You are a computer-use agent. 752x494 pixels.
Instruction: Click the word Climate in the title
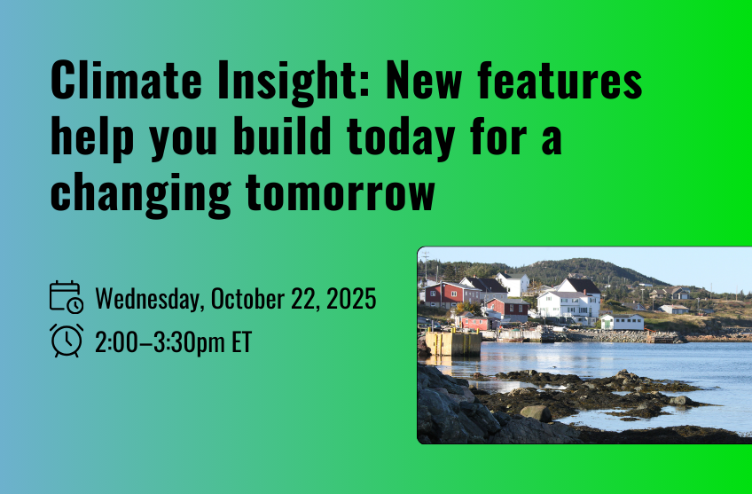126,80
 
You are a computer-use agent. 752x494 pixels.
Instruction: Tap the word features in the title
560,80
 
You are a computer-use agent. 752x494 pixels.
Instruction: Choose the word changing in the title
141,193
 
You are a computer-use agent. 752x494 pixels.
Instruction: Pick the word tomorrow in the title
340,191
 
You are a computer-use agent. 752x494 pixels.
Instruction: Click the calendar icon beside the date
67,297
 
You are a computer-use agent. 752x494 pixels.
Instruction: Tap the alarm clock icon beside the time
67,341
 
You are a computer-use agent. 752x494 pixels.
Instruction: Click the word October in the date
247,298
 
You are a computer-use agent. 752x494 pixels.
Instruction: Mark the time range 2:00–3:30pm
160,343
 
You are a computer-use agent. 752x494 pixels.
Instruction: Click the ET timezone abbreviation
242,342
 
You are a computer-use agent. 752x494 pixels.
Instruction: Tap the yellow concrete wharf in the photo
453,343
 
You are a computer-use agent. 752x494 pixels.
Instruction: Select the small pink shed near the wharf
474,323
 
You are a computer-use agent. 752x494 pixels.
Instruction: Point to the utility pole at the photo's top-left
426,265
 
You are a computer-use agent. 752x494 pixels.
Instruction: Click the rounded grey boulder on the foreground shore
536,413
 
